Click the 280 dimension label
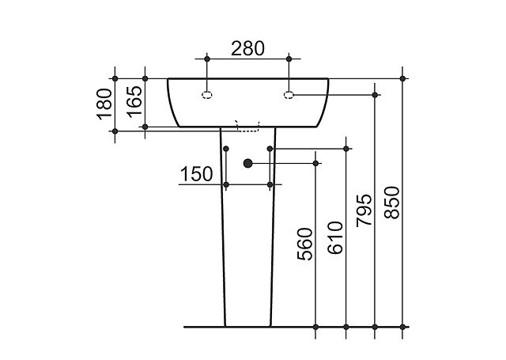coord(247,48)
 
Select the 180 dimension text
coord(105,104)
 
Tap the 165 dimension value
coord(134,101)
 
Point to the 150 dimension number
coord(197,174)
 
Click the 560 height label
coord(305,244)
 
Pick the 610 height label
coord(335,238)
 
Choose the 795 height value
coord(364,210)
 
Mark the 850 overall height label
coord(392,203)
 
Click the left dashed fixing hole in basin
coord(207,95)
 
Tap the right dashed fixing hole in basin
coord(289,95)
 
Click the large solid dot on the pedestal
coord(247,164)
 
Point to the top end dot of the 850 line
coord(402,78)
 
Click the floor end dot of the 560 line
coord(315,327)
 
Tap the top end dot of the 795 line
coord(375,95)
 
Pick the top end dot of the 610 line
coord(346,149)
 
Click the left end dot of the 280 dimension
coord(207,59)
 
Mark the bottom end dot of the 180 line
coord(115,131)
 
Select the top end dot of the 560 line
coord(315,164)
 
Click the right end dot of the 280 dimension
coord(289,59)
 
